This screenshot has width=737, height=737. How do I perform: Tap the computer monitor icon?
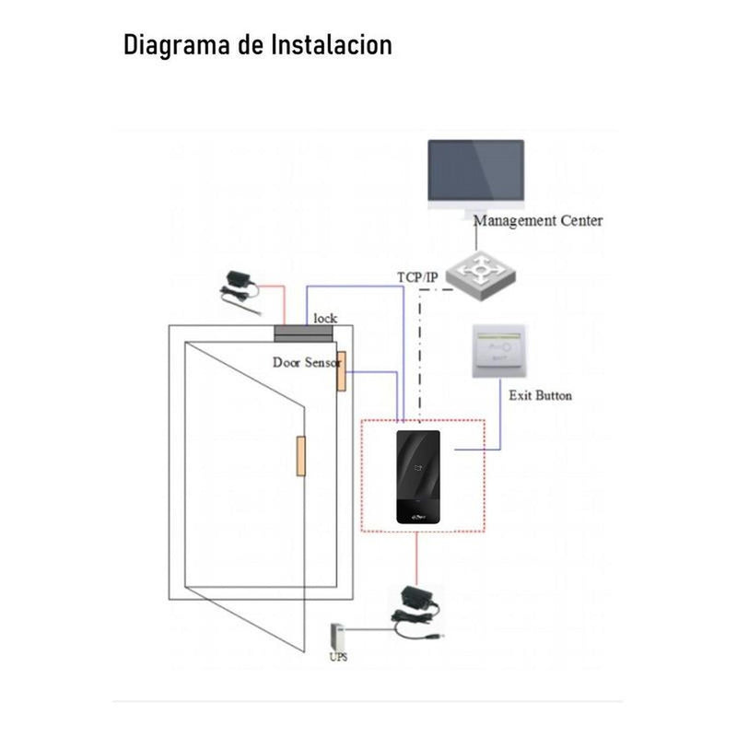475,175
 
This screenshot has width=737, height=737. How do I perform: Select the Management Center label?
538,221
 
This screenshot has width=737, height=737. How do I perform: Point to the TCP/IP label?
418,276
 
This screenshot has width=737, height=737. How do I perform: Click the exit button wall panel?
498,350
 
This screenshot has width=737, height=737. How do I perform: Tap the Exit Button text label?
541,395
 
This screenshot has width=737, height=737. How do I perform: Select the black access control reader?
423,477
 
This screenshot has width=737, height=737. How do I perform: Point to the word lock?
325,318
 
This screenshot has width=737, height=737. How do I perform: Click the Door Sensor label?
306,363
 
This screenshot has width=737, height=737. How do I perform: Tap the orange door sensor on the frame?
340,370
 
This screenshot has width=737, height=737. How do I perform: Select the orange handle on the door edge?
300,455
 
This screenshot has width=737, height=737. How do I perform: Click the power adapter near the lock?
235,286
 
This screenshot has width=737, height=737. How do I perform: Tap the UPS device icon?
337,636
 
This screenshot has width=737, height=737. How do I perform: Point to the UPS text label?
338,658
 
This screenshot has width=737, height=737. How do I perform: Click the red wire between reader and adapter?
417,557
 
